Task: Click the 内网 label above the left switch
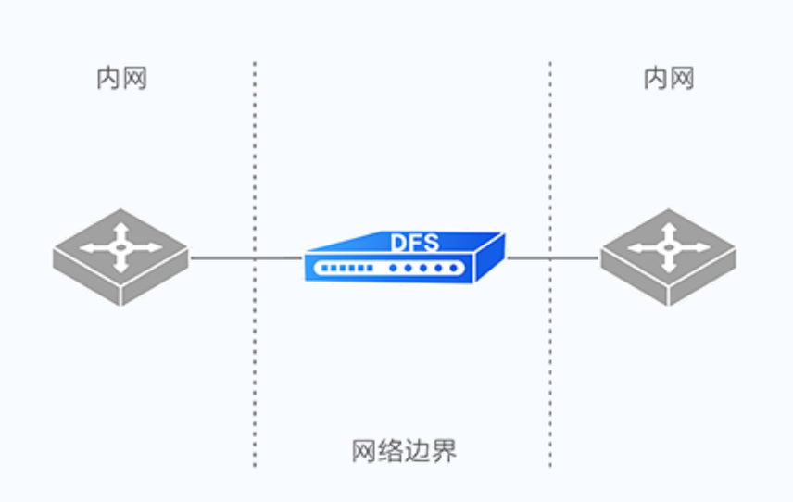(121, 79)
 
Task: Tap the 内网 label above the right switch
(668, 79)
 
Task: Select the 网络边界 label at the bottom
(404, 451)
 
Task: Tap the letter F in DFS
(415, 244)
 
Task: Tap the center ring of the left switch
(120, 247)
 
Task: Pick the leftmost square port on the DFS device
(321, 269)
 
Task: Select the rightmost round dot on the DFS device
(453, 269)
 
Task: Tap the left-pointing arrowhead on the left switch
(86, 248)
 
